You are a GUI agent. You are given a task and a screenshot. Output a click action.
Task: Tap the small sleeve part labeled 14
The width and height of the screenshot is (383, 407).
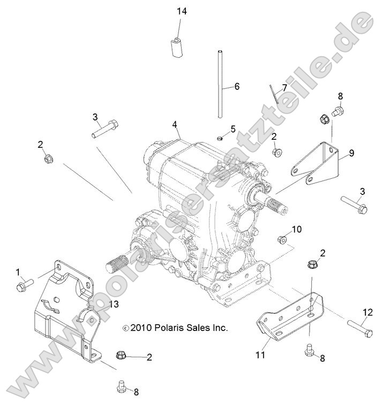(x=176, y=47)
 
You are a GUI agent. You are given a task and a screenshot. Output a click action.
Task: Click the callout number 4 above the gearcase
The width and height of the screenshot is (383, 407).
(x=175, y=125)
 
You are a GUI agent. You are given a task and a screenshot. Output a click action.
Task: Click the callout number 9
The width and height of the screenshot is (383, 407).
(x=351, y=153)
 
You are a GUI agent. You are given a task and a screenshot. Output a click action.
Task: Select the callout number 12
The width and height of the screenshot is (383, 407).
(x=367, y=312)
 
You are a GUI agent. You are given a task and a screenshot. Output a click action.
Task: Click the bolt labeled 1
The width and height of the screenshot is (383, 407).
(x=25, y=282)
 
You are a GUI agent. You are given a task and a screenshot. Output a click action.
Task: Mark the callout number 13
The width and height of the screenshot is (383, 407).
(x=114, y=305)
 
